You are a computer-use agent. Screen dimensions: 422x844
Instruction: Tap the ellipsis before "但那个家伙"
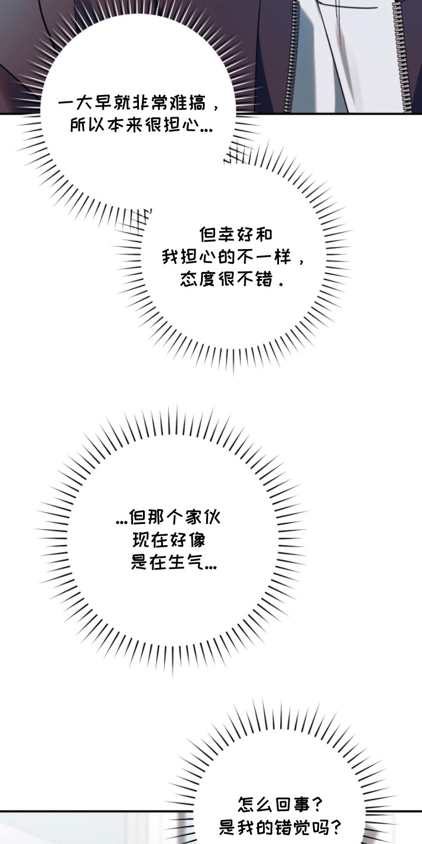pos(121,522)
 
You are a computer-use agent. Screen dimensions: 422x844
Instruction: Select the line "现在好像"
pos(168,540)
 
